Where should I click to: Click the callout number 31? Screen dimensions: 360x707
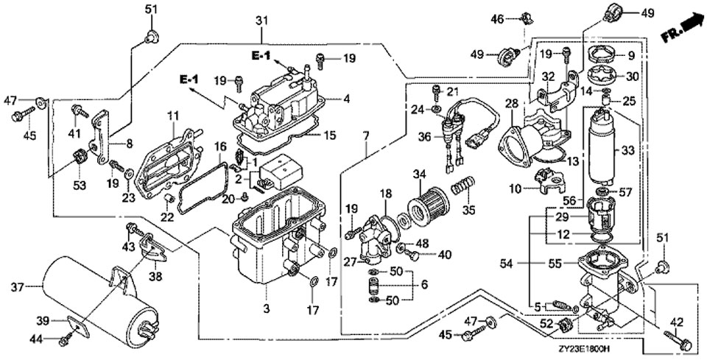tap(259, 21)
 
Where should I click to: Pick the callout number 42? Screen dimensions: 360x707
tap(677, 321)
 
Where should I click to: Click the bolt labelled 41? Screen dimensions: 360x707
tap(77, 110)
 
